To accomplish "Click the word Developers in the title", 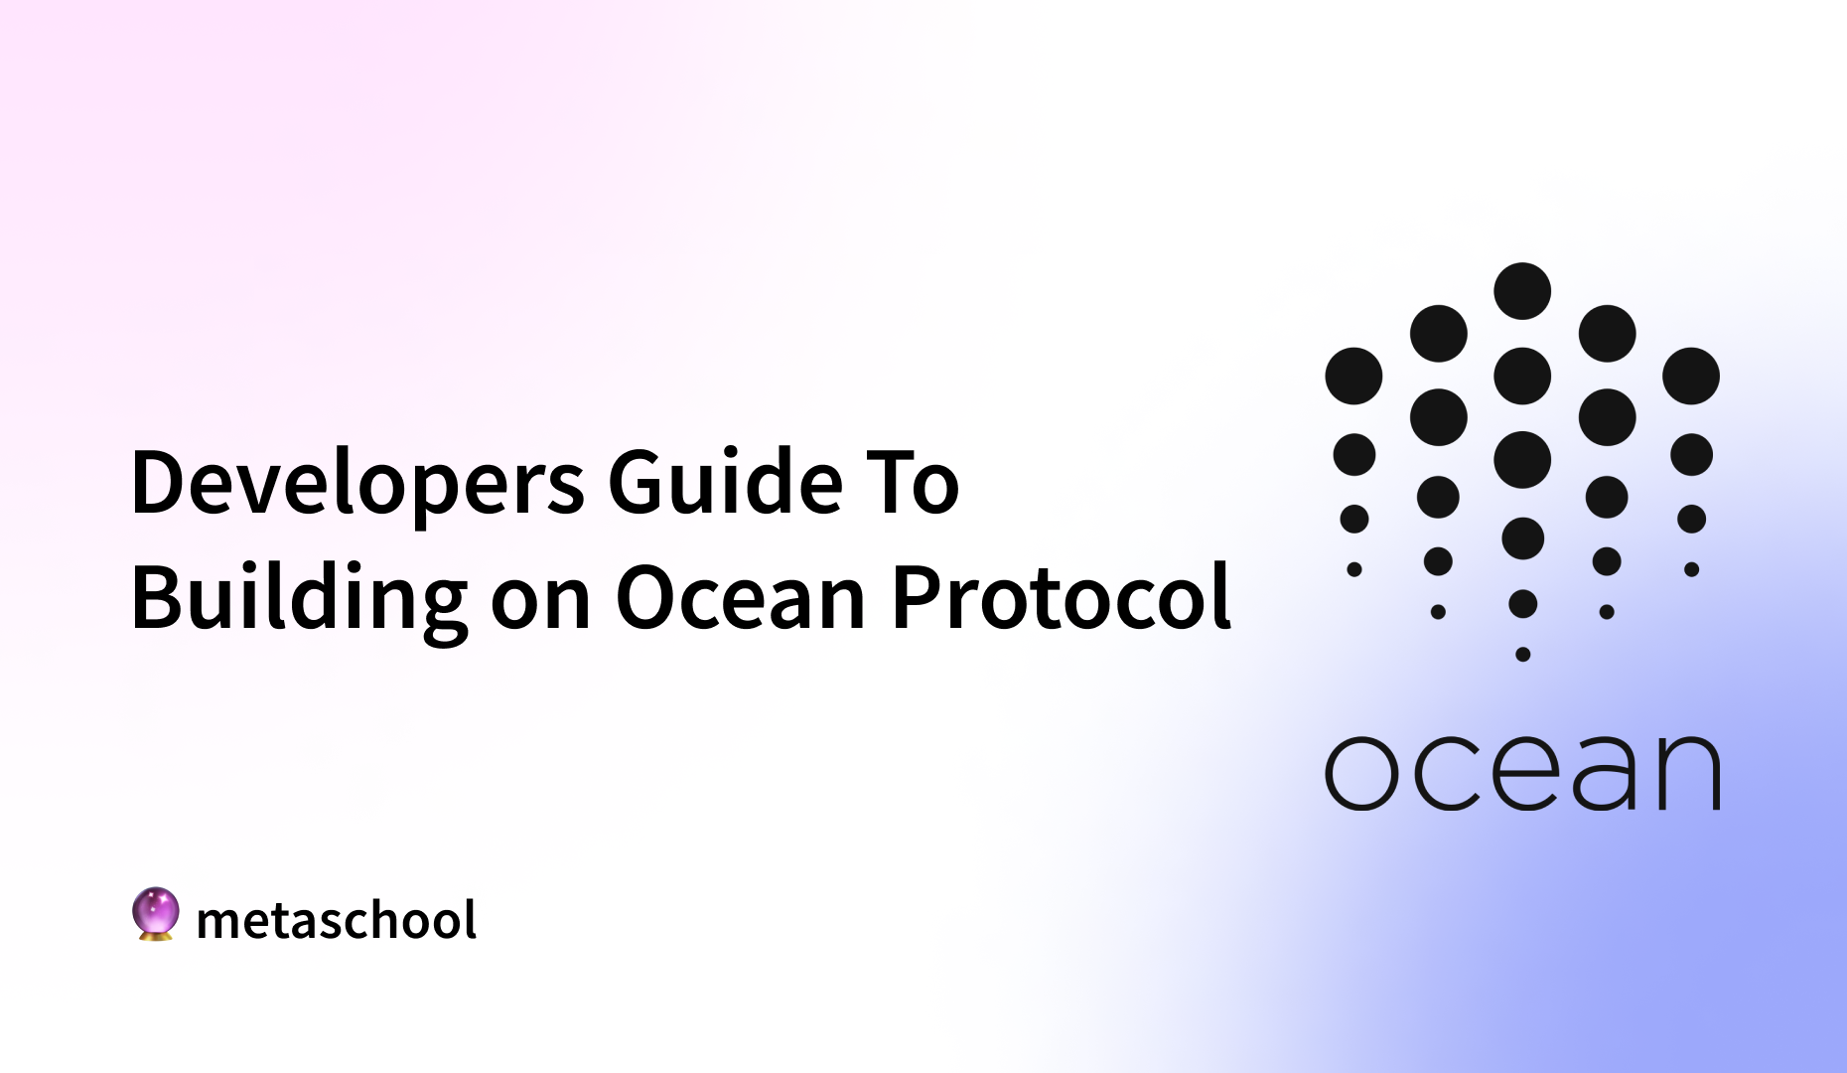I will [x=357, y=484].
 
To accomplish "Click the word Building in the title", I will [x=299, y=599].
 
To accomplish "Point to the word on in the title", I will [x=541, y=601].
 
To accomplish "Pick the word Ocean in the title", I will [x=741, y=598].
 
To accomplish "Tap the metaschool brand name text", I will [x=337, y=920].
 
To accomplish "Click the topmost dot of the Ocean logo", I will [x=1522, y=291].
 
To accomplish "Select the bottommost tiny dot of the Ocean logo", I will [x=1522, y=654].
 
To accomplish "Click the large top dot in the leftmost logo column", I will [x=1353, y=376].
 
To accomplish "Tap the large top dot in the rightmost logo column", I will [x=1691, y=376].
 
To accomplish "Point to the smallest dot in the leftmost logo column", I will [x=1353, y=569].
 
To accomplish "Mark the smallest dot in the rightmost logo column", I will [x=1691, y=569].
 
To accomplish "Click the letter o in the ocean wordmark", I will [x=1361, y=773].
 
